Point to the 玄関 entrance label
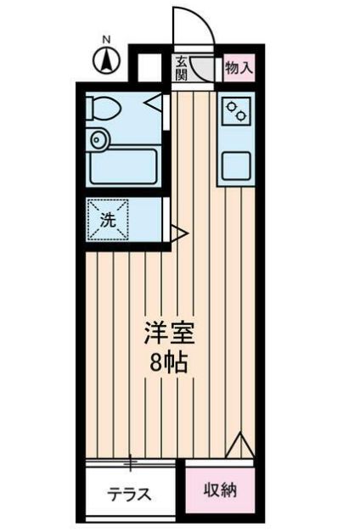[182, 68]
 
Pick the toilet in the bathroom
[106, 108]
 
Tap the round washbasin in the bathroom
[98, 137]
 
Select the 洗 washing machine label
[108, 220]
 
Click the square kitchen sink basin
[235, 165]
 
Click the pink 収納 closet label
[220, 490]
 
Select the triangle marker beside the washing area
[178, 230]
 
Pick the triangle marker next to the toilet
[154, 104]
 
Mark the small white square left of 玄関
[149, 67]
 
